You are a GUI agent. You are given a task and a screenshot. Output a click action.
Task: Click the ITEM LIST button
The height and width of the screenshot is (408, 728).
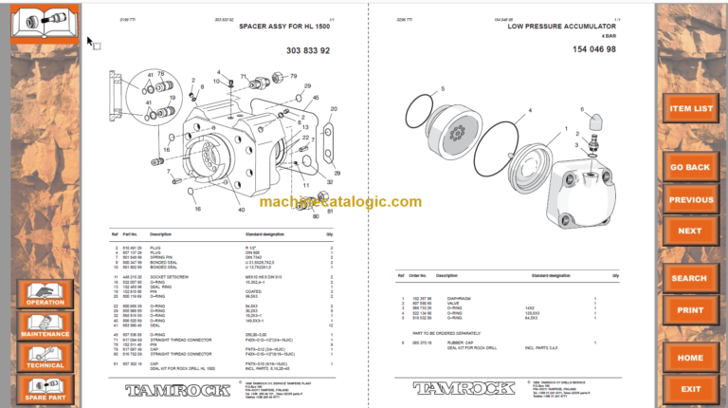691,108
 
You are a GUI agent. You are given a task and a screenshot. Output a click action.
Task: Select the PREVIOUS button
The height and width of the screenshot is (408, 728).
691,200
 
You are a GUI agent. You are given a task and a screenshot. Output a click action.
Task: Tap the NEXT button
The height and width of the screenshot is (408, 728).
691,231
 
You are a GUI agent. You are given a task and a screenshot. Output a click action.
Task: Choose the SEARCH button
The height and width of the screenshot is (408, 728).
691,278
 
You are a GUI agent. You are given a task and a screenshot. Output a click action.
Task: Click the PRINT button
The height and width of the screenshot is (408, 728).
691,310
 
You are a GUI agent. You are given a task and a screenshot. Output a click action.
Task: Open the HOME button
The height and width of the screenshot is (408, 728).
691,358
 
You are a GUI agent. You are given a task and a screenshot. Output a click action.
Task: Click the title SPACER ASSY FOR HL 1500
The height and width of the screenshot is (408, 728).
284,28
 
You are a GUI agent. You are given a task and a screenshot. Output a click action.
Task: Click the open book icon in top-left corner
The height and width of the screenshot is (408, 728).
45,21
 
